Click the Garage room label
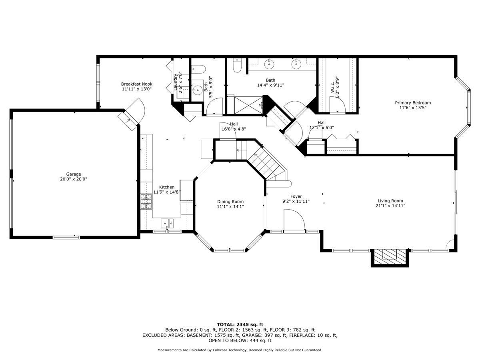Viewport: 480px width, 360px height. [74, 174]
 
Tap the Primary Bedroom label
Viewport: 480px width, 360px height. [413, 103]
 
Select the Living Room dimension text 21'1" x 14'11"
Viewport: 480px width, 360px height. [390, 206]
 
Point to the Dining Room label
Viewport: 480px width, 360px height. [230, 202]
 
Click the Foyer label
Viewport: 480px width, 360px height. [296, 196]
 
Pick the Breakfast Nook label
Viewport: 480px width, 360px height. [137, 84]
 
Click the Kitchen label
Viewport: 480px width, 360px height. [167, 187]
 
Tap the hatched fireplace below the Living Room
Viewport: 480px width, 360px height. [390, 257]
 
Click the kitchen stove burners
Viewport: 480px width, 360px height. [146, 202]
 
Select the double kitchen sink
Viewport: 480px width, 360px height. [167, 223]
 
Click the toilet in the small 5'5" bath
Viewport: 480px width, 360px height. [198, 70]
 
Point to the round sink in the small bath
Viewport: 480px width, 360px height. [198, 90]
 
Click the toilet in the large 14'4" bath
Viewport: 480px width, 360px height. [237, 65]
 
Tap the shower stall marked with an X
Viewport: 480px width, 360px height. [248, 105]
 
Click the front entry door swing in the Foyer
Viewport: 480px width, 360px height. [294, 220]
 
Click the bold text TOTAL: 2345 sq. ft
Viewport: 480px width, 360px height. [240, 324]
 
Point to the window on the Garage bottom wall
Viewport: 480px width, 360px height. [66, 237]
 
